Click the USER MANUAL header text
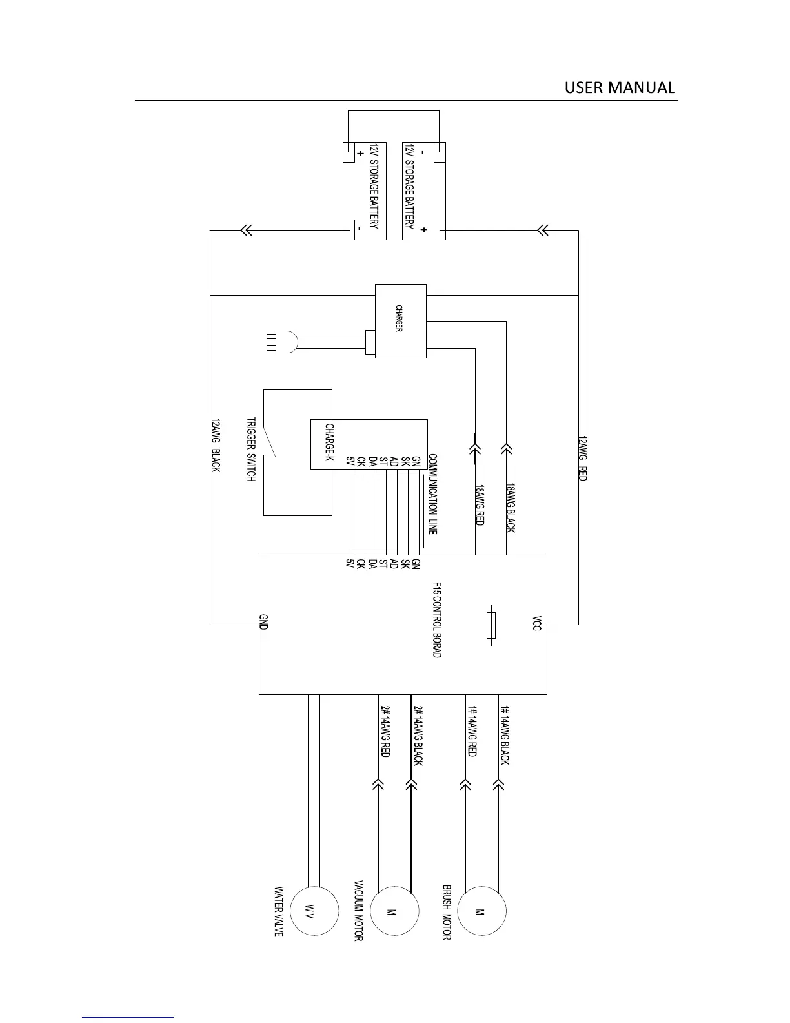pos(620,88)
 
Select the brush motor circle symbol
pos(481,911)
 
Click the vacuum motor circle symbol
pos(395,911)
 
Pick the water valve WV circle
pos(314,911)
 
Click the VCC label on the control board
pos(537,623)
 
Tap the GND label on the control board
pos(263,622)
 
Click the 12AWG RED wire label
pos(582,458)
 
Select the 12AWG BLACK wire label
pos(216,446)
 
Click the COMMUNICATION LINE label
pos(432,494)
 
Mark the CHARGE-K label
pos(329,442)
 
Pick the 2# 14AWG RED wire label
pos(385,730)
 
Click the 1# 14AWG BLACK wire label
pos(505,735)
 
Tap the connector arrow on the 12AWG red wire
pos(543,230)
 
